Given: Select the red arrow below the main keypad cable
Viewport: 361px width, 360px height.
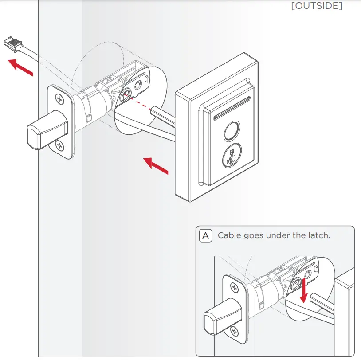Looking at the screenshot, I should (x=156, y=165).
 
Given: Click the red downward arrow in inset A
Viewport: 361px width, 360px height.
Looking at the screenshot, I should (x=304, y=293).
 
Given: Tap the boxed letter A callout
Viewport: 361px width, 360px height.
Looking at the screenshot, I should (x=206, y=235).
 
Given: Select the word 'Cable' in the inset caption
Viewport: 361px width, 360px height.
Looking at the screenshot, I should (x=229, y=235).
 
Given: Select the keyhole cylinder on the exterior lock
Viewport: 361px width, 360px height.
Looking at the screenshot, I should (x=232, y=157).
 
